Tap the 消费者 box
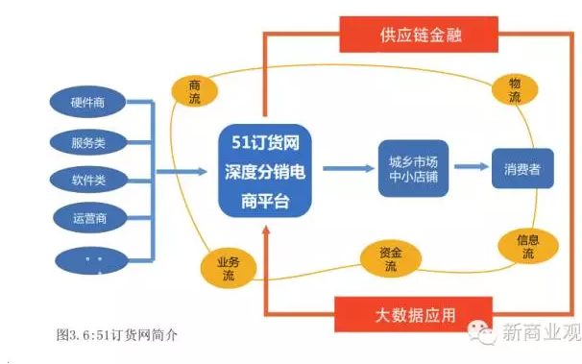click(x=522, y=169)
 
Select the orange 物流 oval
click(x=514, y=90)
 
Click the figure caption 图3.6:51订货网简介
click(x=119, y=335)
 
